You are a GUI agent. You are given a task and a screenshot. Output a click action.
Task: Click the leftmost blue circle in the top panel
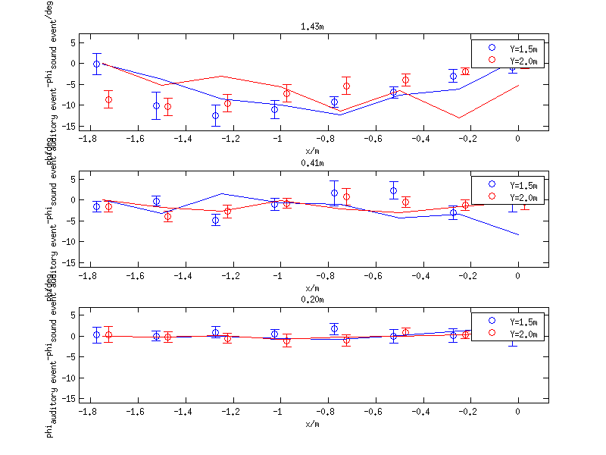coord(96,64)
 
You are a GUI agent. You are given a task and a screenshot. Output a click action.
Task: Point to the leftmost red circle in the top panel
coord(108,99)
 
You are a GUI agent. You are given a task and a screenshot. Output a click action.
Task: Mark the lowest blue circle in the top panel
coord(216,115)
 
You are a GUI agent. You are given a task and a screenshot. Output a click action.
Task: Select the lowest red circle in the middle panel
coord(167,217)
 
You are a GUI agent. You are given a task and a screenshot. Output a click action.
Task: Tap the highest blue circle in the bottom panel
coord(334,328)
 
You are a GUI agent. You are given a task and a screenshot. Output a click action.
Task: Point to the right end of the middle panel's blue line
coord(519,235)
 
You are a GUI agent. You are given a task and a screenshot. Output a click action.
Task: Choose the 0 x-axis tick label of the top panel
coord(518,139)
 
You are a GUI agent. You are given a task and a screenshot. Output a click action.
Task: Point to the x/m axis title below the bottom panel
coord(312,424)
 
